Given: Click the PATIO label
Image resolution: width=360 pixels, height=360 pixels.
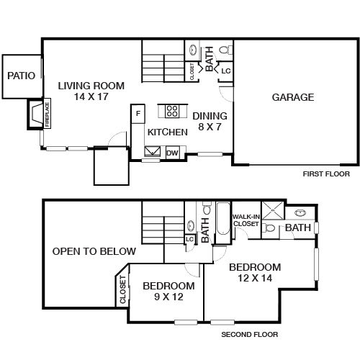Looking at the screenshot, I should (21, 76).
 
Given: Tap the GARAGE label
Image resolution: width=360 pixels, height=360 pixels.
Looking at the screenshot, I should (292, 97).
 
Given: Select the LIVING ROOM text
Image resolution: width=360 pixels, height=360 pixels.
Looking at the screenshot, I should (91, 86).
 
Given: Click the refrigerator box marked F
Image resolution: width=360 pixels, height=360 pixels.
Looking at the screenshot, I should (138, 113).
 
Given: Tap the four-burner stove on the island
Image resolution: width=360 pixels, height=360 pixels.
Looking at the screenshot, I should (173, 110).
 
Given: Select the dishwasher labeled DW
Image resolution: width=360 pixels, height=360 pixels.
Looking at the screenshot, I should (173, 153).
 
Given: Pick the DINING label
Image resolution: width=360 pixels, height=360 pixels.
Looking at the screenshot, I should (210, 116).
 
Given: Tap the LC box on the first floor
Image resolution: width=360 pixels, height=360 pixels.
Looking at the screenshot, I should (225, 71).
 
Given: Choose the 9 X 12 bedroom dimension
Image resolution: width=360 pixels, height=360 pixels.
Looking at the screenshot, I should (167, 296).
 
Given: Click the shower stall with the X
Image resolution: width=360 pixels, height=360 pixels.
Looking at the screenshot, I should (272, 212).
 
